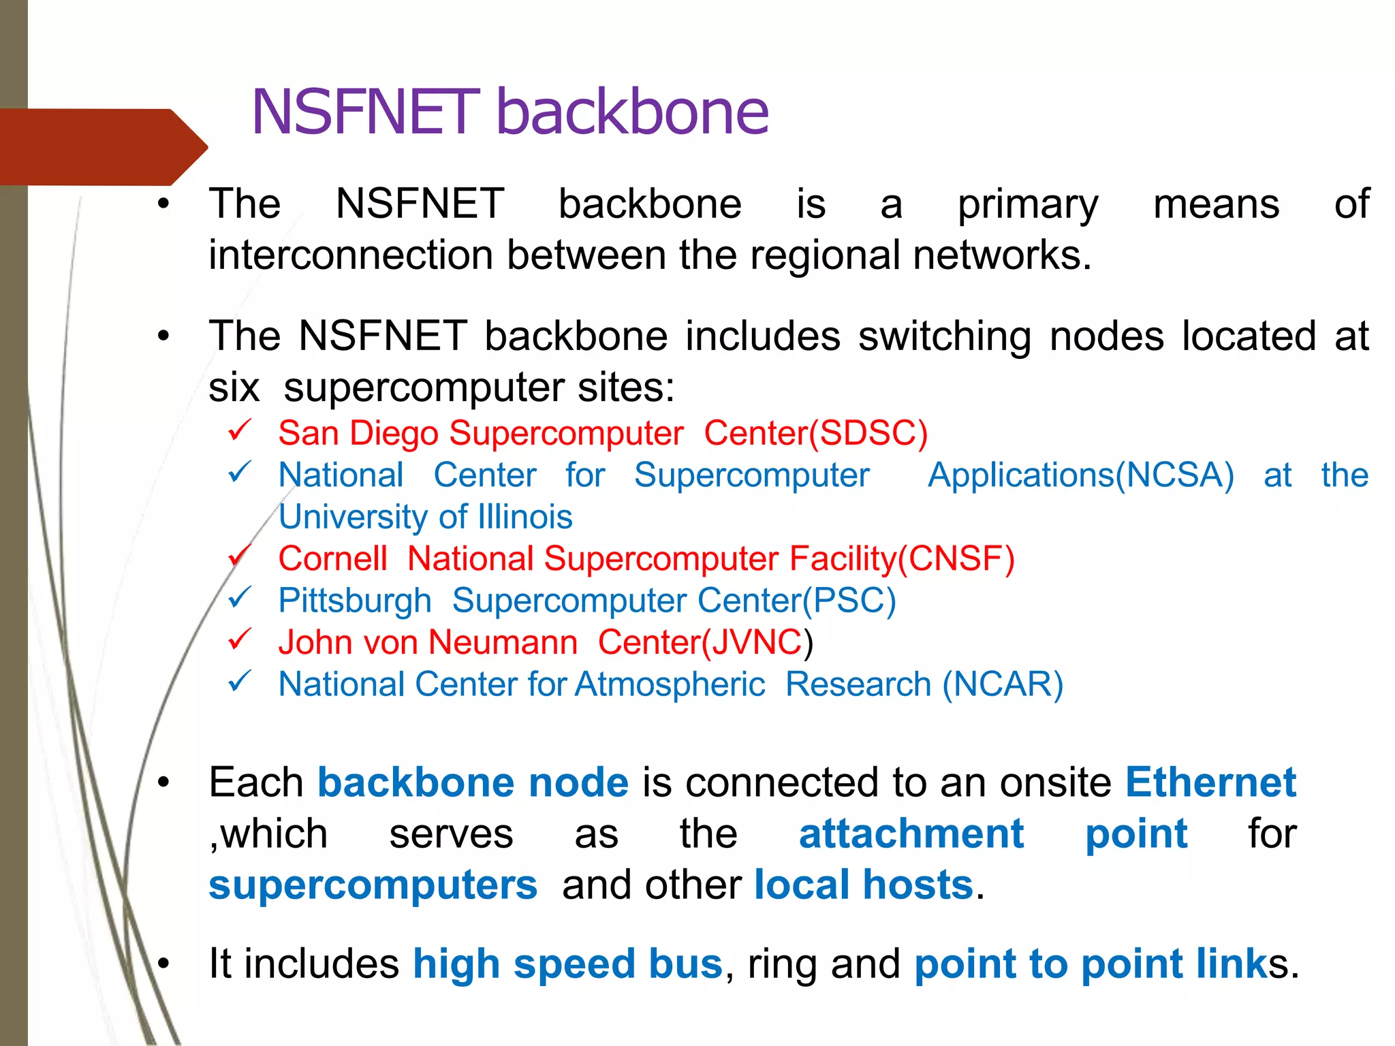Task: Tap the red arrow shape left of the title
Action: click(x=102, y=147)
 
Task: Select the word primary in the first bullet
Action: click(x=1028, y=205)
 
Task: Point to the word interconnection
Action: click(x=351, y=255)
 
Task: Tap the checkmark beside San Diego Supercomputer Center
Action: click(x=240, y=430)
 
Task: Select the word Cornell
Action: click(x=333, y=559)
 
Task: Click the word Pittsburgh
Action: click(x=355, y=601)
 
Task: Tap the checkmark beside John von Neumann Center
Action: click(x=240, y=639)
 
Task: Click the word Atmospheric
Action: click(x=670, y=684)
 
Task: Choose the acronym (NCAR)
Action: click(x=1003, y=684)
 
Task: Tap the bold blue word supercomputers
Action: click(x=373, y=885)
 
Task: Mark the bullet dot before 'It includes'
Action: click(x=163, y=963)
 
